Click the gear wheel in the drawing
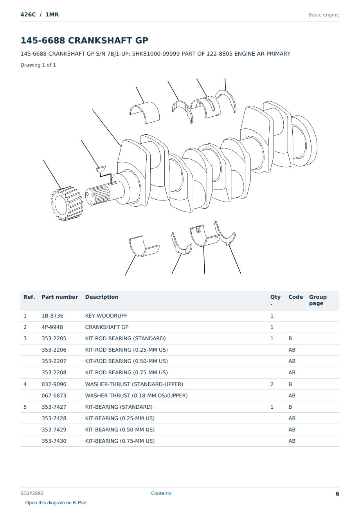(67, 204)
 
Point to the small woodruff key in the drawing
(101, 169)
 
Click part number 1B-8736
(52, 316)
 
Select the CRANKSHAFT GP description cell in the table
(107, 327)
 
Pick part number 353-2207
(54, 361)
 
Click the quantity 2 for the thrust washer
(272, 384)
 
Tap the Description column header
(102, 297)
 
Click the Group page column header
(318, 300)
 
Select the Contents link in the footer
(161, 493)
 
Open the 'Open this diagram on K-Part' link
(56, 503)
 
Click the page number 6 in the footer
(337, 494)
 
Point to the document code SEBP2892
(32, 493)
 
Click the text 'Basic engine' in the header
(324, 15)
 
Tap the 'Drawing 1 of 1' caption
(38, 65)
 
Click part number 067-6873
(54, 395)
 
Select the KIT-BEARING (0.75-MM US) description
(120, 441)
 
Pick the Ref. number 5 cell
(25, 407)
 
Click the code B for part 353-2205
(290, 338)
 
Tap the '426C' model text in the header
(28, 14)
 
